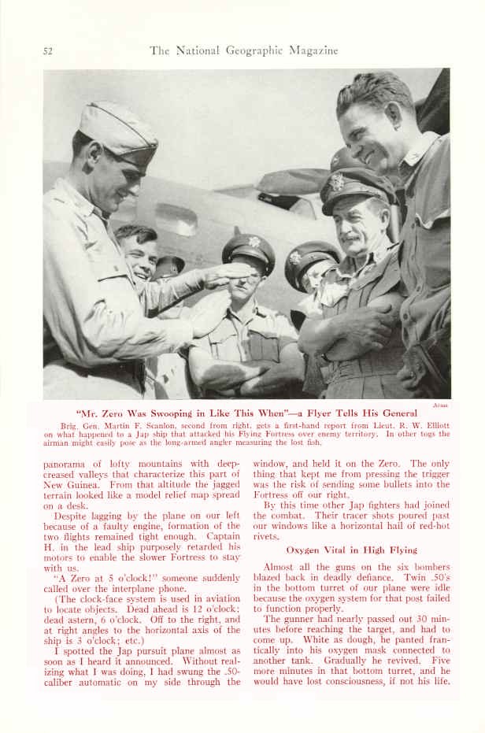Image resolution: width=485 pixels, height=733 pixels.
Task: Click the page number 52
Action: [47, 51]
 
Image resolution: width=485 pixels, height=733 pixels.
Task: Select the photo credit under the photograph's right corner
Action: [441, 405]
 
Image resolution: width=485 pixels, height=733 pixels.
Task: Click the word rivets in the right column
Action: [267, 536]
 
